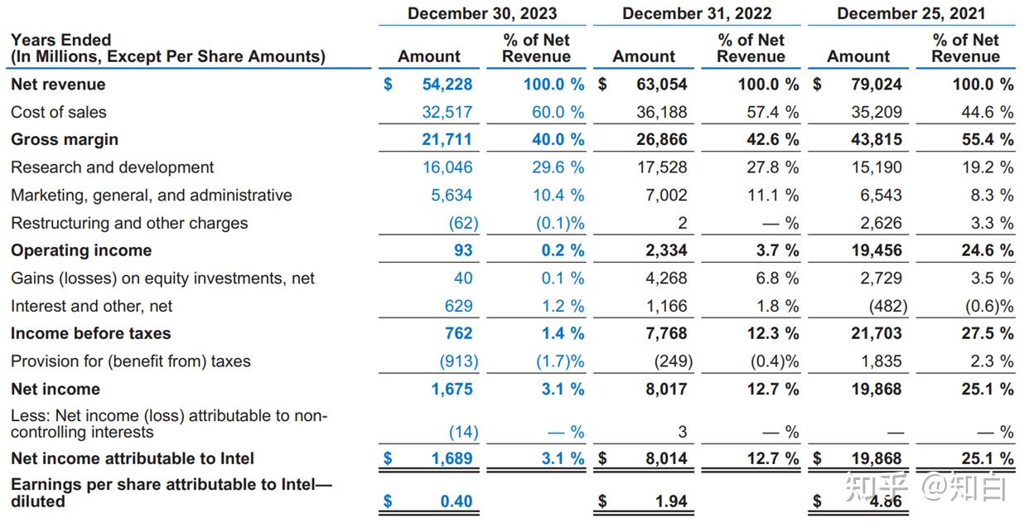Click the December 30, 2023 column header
[x=482, y=13]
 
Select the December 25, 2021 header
[x=911, y=13]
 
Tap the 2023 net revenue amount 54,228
[x=447, y=85]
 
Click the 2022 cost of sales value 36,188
[x=661, y=112]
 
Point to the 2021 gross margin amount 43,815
[x=876, y=139]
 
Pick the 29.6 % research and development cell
[x=558, y=167]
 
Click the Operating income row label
[x=81, y=250]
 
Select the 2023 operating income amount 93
[x=463, y=250]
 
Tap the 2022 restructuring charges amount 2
[x=682, y=223]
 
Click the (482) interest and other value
[x=887, y=306]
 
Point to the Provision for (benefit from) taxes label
[x=131, y=361]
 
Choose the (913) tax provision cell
[x=458, y=361]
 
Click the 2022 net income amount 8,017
[x=666, y=389]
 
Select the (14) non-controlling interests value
[x=463, y=432]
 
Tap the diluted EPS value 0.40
[x=456, y=501]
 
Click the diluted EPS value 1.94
[x=671, y=501]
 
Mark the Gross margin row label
[x=65, y=139]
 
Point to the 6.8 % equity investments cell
[x=777, y=278]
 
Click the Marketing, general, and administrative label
[x=152, y=196]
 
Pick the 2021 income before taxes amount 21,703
[x=876, y=333]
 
